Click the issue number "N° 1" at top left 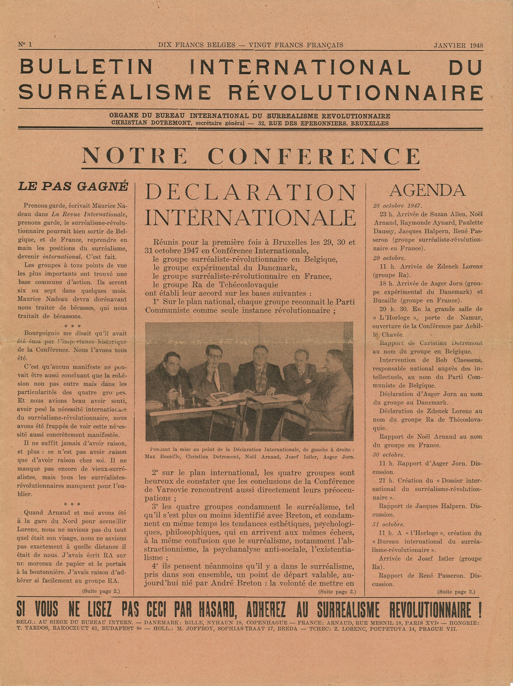25,45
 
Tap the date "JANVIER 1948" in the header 458,45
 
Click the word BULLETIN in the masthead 86,66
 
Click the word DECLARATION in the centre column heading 250,192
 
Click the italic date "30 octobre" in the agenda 389,455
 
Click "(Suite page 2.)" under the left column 101,591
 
